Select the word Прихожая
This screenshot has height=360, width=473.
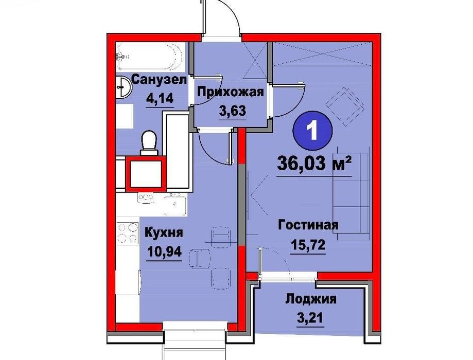tap(231, 93)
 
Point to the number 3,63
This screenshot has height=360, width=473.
tap(231, 110)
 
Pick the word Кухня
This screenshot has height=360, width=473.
tap(164, 233)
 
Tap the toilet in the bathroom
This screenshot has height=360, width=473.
tap(149, 142)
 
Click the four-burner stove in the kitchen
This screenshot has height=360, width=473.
tap(127, 231)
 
